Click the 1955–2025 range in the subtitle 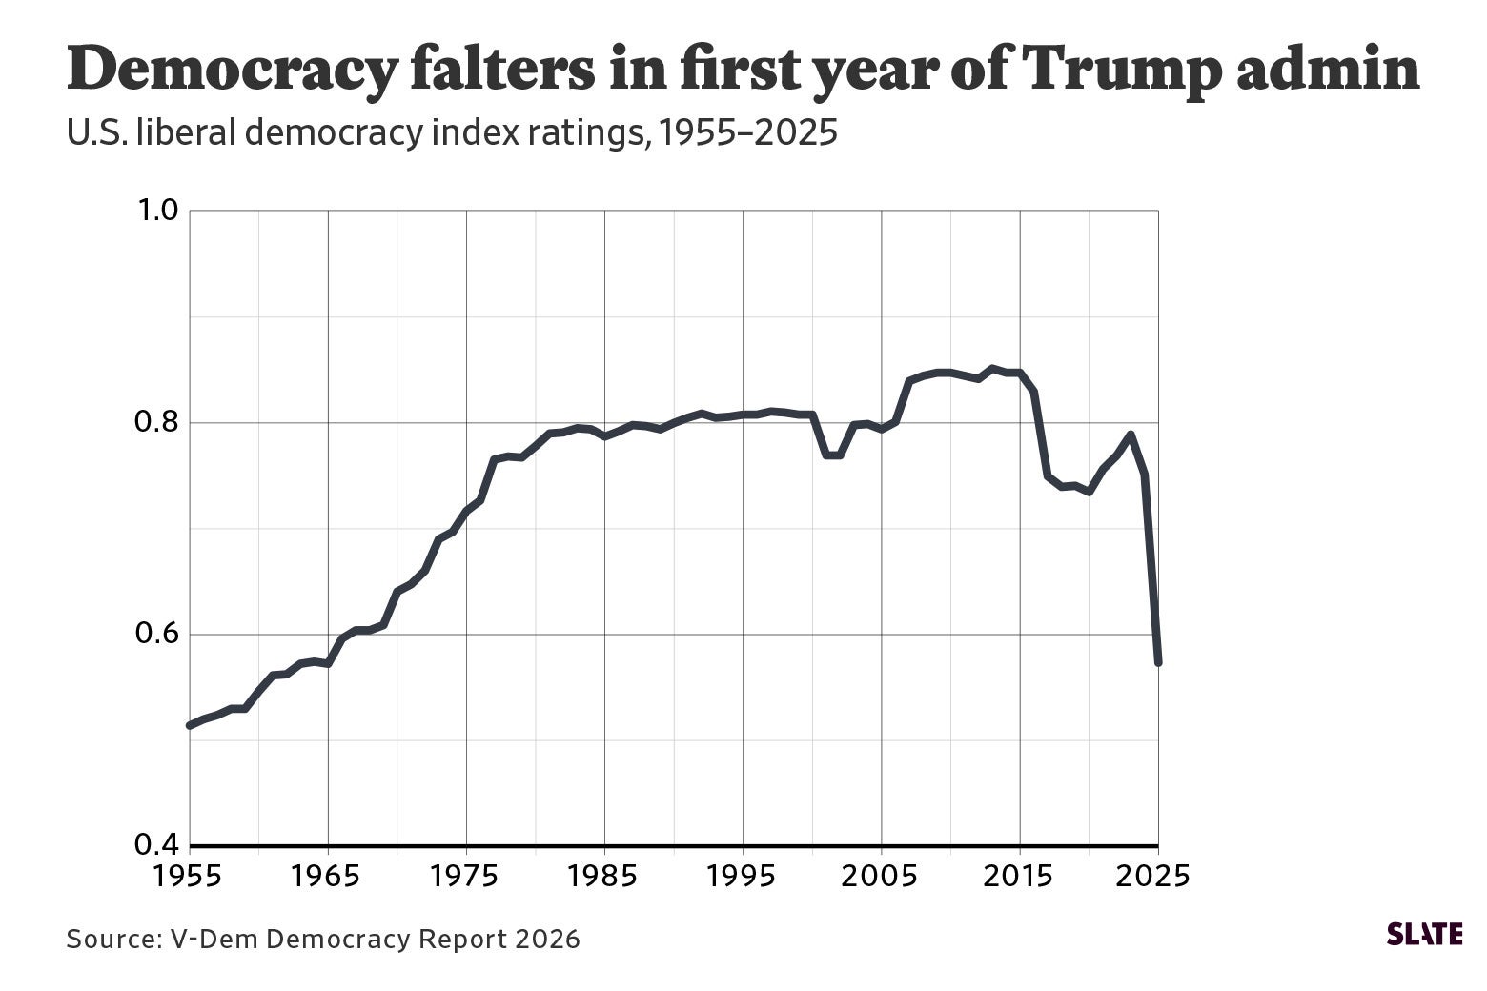(746, 134)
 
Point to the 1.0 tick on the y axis (156, 211)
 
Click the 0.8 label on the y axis (156, 422)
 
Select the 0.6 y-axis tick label (156, 634)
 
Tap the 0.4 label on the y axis (156, 845)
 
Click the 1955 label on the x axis (190, 875)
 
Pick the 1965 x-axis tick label (328, 875)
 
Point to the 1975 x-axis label (466, 875)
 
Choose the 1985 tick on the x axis (604, 875)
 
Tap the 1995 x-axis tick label (743, 875)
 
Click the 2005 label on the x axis (882, 875)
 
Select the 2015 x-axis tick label (1020, 875)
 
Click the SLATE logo (1424, 934)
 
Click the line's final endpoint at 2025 (1158, 661)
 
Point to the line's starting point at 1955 (191, 725)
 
